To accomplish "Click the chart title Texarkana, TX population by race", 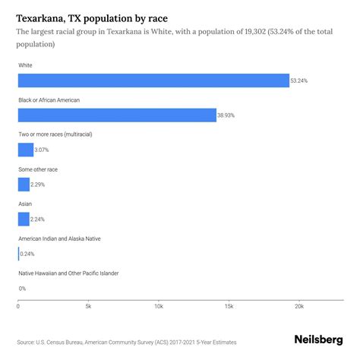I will point(93,17).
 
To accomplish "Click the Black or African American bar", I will point(117,115).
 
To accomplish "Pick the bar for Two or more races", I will point(26,150).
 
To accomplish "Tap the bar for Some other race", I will point(24,184).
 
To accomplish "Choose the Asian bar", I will point(24,219).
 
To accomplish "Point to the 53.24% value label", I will point(301,81).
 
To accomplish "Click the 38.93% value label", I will point(228,115).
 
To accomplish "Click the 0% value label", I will point(23,289).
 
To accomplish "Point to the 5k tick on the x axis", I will point(88,306).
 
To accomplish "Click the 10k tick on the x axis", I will point(158,306).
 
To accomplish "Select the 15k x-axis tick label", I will point(229,306).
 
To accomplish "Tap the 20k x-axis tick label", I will point(298,306).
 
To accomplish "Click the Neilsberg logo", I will point(318,340).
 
